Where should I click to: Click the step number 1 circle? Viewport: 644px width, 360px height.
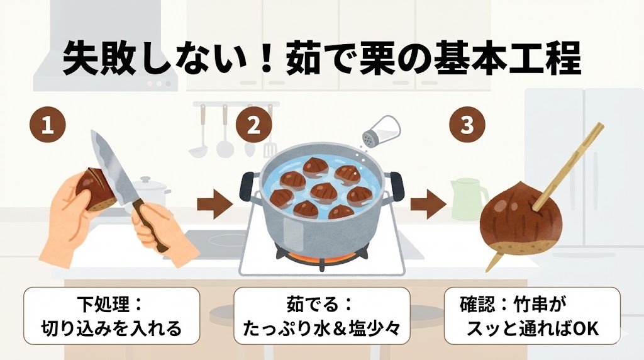pyautogui.click(x=48, y=125)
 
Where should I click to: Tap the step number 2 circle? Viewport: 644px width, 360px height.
pyautogui.click(x=254, y=125)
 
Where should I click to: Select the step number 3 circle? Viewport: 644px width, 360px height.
pyautogui.click(x=467, y=125)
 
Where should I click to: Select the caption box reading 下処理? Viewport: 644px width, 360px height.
pyautogui.click(x=112, y=315)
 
